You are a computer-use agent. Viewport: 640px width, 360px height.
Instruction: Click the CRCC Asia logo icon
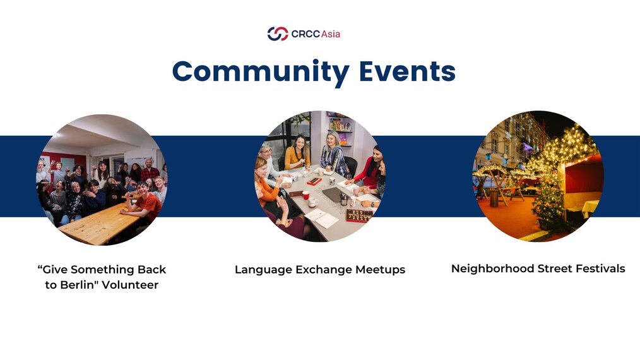click(x=278, y=33)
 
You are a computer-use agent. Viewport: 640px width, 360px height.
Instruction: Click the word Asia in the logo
click(x=331, y=34)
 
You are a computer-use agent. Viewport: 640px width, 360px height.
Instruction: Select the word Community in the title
click(x=261, y=71)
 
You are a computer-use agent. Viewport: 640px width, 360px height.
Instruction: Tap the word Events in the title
click(x=407, y=71)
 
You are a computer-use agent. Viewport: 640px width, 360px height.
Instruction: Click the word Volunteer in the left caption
click(x=130, y=285)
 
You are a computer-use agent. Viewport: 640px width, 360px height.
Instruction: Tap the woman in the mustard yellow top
click(x=297, y=153)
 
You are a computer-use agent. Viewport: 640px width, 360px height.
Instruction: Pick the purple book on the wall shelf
click(x=343, y=138)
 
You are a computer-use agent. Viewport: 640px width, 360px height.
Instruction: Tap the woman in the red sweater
click(x=370, y=167)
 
